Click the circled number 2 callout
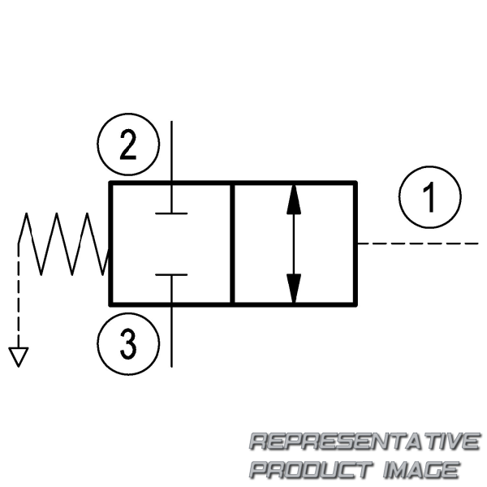[128, 144]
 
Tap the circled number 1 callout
[430, 197]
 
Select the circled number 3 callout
[128, 344]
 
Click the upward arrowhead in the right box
[294, 200]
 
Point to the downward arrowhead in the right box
[294, 288]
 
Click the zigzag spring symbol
[63, 243]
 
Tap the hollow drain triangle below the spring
[19, 357]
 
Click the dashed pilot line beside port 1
[417, 243]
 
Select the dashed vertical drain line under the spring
[19, 295]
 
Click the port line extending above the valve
[172, 152]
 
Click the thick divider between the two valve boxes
[232, 243]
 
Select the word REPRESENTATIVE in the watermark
[365, 442]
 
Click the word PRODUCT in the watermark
[312, 470]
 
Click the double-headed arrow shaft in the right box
[294, 243]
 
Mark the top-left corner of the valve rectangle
[110, 182]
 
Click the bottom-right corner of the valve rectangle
[356, 305]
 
